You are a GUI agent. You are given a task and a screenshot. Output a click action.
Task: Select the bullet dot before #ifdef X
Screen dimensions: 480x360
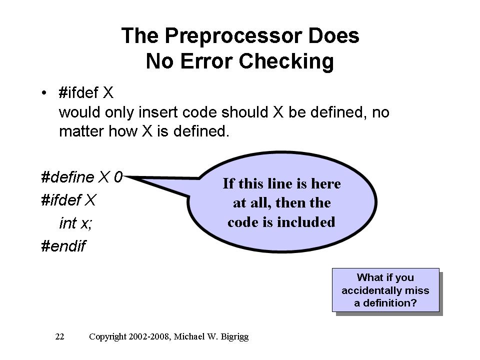pyautogui.click(x=44, y=92)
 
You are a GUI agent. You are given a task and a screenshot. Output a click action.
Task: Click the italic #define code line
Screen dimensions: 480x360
pyautogui.click(x=81, y=177)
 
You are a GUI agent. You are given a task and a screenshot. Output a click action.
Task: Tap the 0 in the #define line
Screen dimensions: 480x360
pyautogui.click(x=118, y=177)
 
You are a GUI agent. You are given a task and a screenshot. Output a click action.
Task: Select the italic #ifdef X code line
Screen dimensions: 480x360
pyautogui.click(x=68, y=200)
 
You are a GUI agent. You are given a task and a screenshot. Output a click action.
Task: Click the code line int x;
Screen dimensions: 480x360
pyautogui.click(x=75, y=223)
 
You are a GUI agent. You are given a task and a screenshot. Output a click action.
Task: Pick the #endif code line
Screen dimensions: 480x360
pyautogui.click(x=63, y=246)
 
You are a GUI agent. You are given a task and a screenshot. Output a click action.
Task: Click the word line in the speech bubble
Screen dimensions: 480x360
pyautogui.click(x=280, y=183)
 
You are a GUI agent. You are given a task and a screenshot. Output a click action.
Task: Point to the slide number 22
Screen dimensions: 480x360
pyautogui.click(x=59, y=336)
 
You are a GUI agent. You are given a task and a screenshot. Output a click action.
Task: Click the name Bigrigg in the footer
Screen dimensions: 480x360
pyautogui.click(x=234, y=337)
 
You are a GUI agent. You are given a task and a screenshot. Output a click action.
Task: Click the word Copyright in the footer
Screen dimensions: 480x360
pyautogui.click(x=107, y=337)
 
